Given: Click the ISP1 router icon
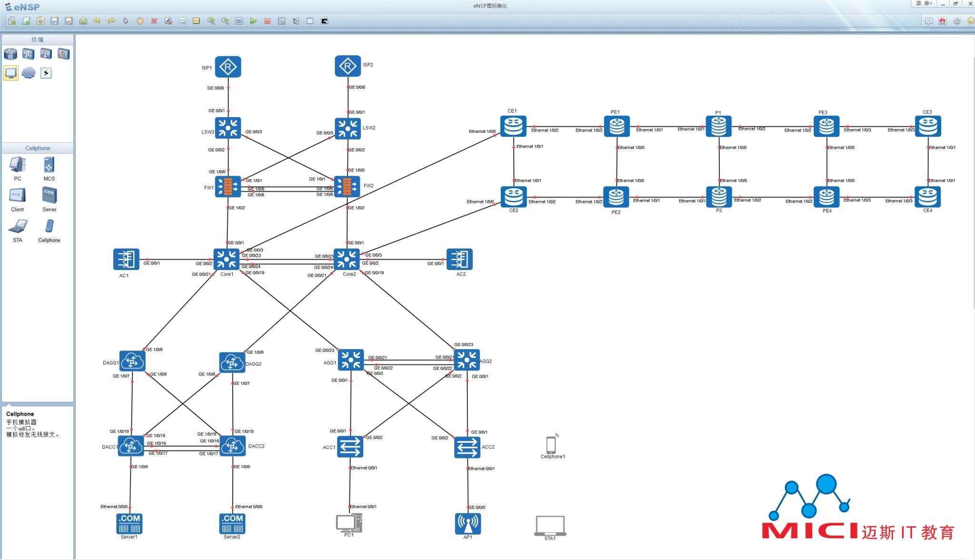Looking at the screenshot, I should coord(228,67).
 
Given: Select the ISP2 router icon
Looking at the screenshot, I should coord(348,66).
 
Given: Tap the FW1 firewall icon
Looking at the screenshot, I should coord(228,187).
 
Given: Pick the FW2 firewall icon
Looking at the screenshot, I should coord(347,186).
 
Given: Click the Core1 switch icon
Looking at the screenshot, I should coord(226,260).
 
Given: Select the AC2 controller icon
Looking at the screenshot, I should coord(459,260).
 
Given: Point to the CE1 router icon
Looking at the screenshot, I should coord(513,126).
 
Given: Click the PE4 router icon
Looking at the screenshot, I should coord(826,197).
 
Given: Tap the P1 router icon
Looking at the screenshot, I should coord(718,127).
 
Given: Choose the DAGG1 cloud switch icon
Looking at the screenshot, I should coord(132,361).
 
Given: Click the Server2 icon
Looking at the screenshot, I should coord(232,523).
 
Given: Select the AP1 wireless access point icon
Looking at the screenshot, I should coord(468,523).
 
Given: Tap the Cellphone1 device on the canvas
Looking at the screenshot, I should coord(551,444).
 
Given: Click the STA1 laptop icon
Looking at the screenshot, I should coord(550,526).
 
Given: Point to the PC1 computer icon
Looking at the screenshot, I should coord(349,523).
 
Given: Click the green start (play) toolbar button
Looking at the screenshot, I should coord(253,21).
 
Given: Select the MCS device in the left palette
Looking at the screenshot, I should coord(49,165).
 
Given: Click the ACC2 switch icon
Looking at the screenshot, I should coord(467,447).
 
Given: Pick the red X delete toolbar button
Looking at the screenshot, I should coord(154,21).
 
